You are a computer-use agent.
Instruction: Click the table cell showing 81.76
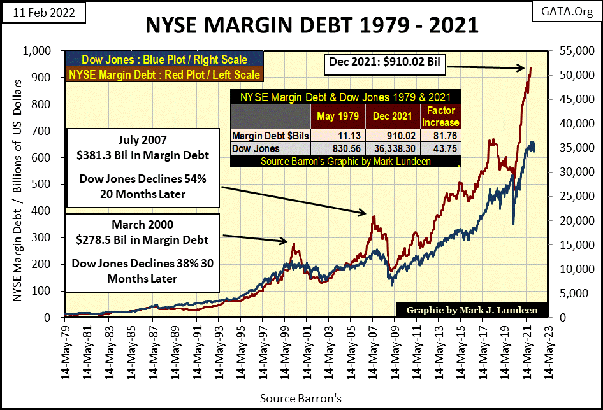tap(439, 136)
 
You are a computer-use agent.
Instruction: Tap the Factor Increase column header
tap(439, 117)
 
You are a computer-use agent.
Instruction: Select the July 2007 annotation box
tap(143, 167)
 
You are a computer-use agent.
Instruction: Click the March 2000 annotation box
tap(143, 253)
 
